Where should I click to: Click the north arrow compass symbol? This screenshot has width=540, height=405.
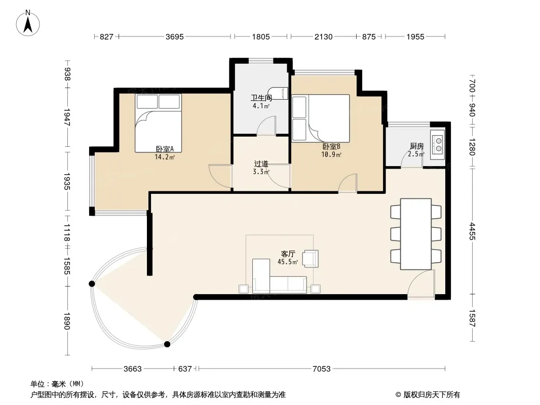(x=28, y=23)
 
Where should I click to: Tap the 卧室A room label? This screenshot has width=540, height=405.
(x=165, y=149)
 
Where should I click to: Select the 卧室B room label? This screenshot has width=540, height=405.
(x=331, y=147)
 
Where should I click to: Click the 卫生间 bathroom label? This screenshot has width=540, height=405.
(x=261, y=98)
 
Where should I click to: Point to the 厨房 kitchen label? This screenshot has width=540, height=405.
(x=417, y=146)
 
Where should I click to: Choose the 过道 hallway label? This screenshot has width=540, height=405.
(x=261, y=164)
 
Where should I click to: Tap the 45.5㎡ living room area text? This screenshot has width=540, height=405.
(x=288, y=262)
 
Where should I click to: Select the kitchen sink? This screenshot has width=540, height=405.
(x=437, y=144)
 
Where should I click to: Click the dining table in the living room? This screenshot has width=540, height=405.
(x=416, y=234)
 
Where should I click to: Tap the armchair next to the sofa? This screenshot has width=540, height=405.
(x=311, y=259)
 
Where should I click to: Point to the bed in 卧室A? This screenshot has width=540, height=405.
(x=158, y=123)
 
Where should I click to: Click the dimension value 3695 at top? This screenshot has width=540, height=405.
(x=175, y=37)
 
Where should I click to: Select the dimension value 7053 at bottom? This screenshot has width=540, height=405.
(x=321, y=369)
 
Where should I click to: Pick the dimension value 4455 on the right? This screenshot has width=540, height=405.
(x=472, y=231)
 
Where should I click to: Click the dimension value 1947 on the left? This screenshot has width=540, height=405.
(x=67, y=117)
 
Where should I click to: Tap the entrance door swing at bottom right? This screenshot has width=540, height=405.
(x=421, y=285)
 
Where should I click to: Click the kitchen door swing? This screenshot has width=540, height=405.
(x=412, y=159)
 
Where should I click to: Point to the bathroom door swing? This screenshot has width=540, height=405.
(x=266, y=126)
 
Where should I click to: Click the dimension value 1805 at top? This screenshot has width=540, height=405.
(x=261, y=37)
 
